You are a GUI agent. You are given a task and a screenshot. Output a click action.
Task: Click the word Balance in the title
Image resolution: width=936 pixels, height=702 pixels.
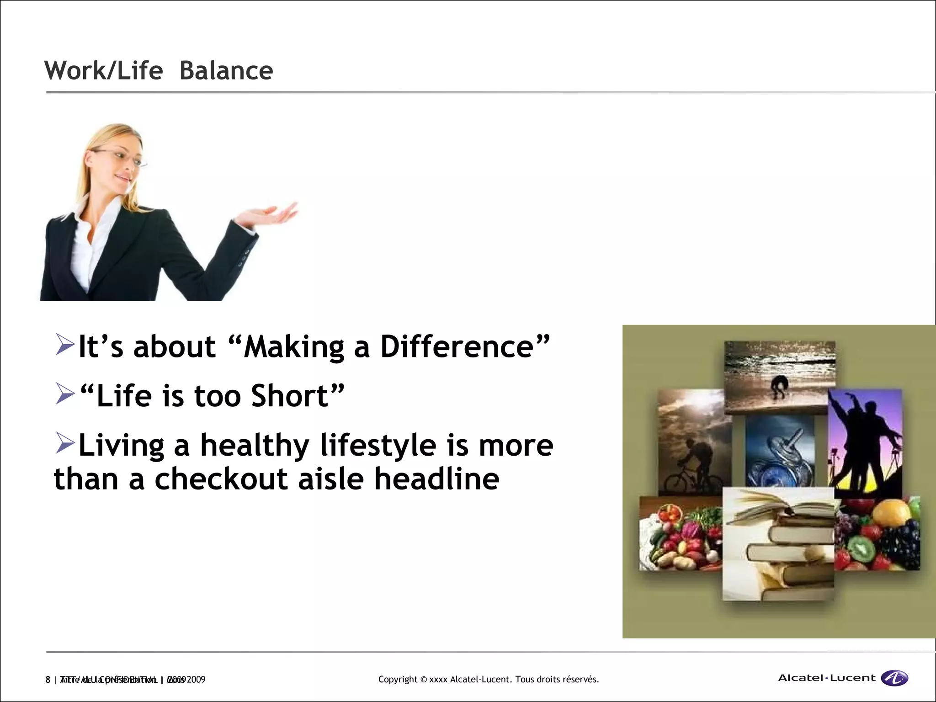tap(226, 71)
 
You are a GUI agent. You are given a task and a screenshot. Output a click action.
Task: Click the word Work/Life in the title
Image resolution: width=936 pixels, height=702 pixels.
tap(103, 71)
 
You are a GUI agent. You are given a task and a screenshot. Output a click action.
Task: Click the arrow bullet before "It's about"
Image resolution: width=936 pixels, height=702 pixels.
tap(65, 345)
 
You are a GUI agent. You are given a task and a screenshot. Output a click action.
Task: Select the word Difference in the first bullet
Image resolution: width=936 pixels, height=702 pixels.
tap(457, 346)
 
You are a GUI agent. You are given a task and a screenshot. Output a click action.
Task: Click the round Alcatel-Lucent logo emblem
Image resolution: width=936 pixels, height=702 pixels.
tap(894, 678)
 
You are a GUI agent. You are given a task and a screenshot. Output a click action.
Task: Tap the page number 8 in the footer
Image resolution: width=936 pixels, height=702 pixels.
tap(48, 680)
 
